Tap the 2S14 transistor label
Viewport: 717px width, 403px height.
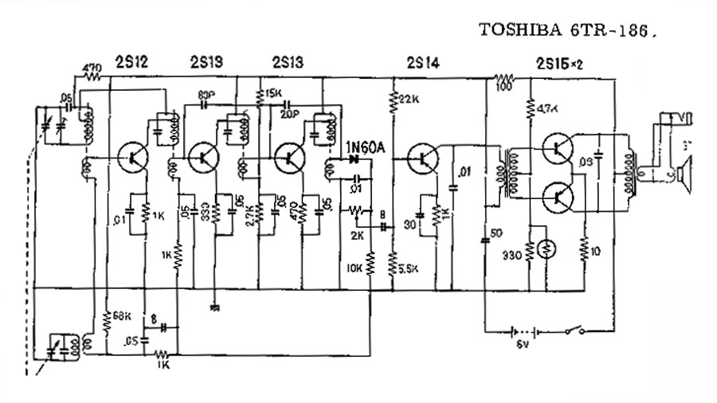(422, 62)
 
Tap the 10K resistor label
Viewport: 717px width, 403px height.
(356, 269)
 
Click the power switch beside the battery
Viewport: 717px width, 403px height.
(574, 329)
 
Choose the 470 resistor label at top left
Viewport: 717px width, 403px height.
(93, 68)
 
